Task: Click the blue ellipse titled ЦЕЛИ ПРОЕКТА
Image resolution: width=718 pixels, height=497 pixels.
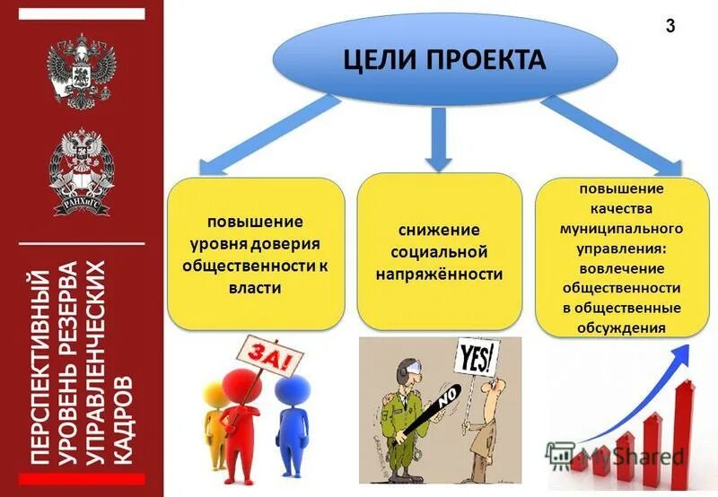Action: pos(444,59)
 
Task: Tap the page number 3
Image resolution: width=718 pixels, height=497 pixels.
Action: pos(670,26)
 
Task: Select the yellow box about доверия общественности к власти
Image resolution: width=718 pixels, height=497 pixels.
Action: pos(256,254)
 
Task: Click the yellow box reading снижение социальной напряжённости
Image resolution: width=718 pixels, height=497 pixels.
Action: pos(439,252)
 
